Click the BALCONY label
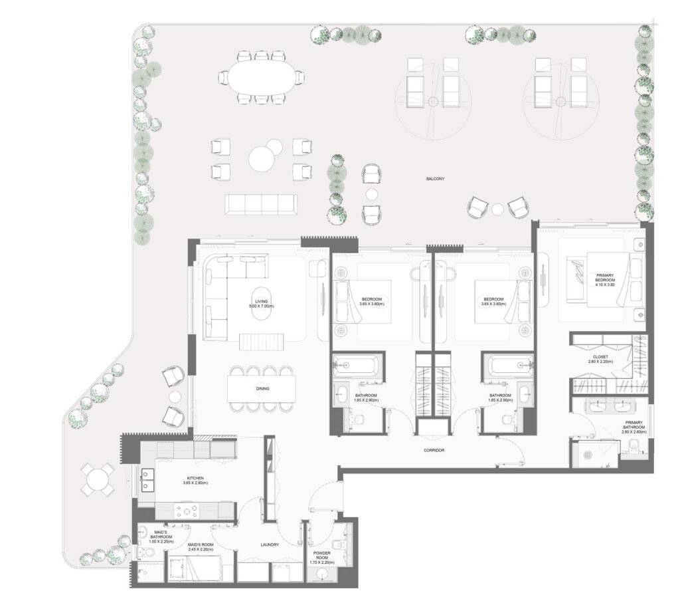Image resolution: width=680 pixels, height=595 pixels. coord(435,179)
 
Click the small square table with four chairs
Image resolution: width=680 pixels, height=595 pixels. coord(98,479)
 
